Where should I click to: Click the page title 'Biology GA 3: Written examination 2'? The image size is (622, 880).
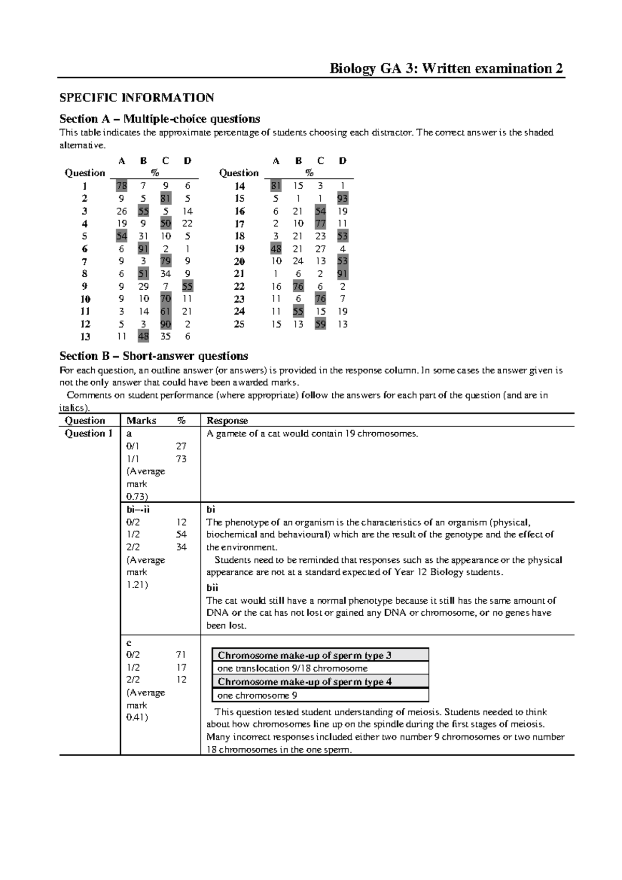click(x=447, y=68)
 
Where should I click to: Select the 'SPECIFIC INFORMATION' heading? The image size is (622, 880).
click(x=136, y=98)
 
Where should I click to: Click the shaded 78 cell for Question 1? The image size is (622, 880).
click(x=121, y=186)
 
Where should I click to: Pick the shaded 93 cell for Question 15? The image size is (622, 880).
click(x=342, y=198)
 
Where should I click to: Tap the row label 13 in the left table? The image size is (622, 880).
click(x=85, y=336)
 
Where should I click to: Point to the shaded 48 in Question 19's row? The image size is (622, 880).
click(x=276, y=248)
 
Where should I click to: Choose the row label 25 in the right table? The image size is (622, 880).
click(x=239, y=324)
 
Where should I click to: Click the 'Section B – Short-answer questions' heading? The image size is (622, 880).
click(x=153, y=356)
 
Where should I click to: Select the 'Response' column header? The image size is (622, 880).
click(x=227, y=420)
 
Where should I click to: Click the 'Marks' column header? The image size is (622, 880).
click(x=141, y=420)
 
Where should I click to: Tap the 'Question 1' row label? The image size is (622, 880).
click(x=88, y=433)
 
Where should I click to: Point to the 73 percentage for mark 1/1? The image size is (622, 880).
click(x=181, y=459)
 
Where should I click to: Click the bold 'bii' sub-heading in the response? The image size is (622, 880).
click(x=212, y=588)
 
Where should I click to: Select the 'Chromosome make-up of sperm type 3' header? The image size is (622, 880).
click(x=304, y=655)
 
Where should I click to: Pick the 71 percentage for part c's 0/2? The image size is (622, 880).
click(x=181, y=655)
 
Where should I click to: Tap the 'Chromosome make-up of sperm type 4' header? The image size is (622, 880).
click(x=304, y=682)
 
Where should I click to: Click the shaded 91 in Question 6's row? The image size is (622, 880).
click(x=143, y=248)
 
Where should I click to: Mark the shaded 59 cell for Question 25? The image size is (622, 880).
click(x=320, y=324)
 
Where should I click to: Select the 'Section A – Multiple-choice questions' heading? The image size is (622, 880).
click(x=160, y=119)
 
